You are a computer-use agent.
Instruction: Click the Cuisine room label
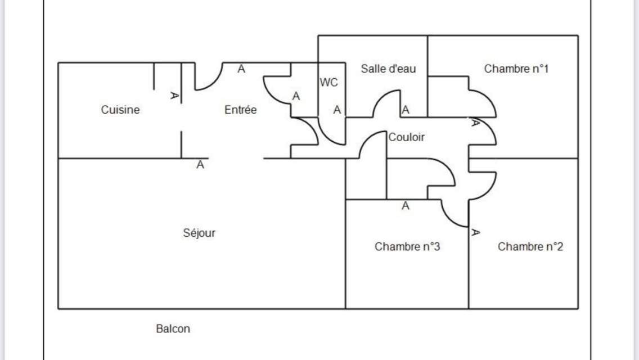click(x=120, y=110)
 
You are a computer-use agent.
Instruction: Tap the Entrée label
click(x=240, y=110)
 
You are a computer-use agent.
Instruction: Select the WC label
click(x=329, y=83)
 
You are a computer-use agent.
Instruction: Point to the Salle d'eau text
click(x=388, y=69)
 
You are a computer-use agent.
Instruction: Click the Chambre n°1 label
click(x=516, y=69)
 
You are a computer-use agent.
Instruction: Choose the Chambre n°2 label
click(x=530, y=246)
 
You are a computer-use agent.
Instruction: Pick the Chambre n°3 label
click(x=407, y=246)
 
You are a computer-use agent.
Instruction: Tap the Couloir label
click(x=406, y=137)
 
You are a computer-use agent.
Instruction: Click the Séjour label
click(x=199, y=232)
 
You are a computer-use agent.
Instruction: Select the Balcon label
click(x=173, y=328)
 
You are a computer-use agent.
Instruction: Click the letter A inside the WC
click(x=336, y=110)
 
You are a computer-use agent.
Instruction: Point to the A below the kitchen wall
click(x=200, y=165)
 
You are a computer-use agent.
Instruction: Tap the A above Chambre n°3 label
click(x=406, y=206)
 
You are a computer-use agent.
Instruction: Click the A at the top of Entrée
click(x=241, y=69)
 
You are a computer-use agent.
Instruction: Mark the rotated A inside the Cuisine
click(x=174, y=96)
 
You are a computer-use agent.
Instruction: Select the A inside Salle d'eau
click(x=405, y=110)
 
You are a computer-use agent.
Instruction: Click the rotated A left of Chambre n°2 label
click(x=475, y=232)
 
